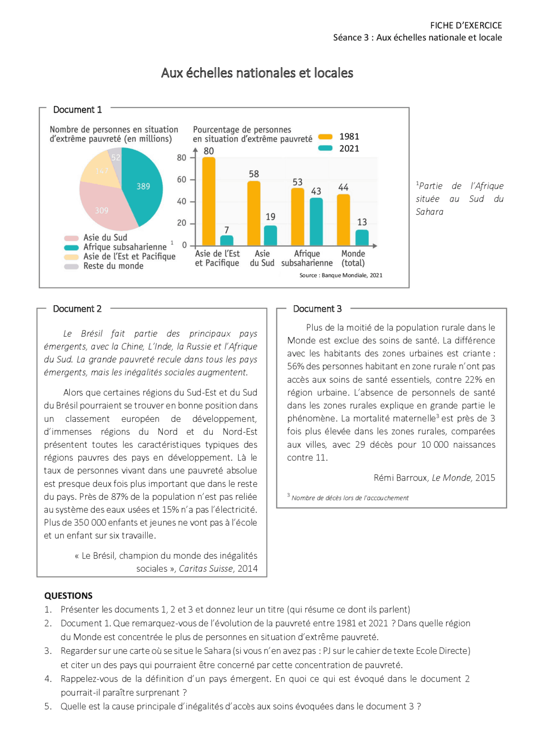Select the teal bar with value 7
227,241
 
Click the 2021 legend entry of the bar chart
339,148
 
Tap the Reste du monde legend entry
113,266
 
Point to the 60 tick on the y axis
181,180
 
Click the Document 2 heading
77,309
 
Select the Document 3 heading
317,309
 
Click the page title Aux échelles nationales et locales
257,73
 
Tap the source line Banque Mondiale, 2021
341,275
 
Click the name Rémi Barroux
400,478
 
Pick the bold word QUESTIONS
68,596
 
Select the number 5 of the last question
48,706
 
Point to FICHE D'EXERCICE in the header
466,25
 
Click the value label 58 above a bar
254,174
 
